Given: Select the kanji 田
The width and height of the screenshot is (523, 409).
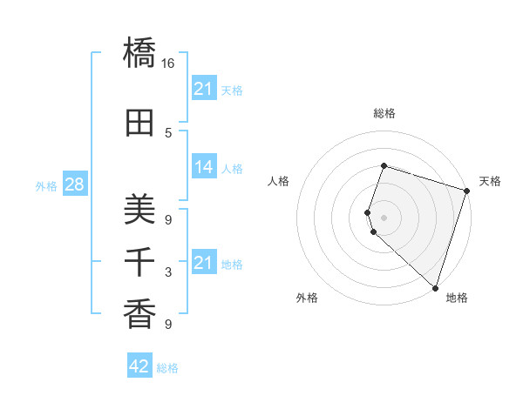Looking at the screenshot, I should point(139,124).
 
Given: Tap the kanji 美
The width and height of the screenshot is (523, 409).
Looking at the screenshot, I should point(139,210).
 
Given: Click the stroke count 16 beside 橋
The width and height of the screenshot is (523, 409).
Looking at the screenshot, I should point(168,64).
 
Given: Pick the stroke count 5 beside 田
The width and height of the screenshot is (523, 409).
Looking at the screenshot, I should point(168,133).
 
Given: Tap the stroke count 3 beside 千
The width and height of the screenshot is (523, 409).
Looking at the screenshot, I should point(168,272).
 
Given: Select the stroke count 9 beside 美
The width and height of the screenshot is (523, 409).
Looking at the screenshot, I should point(168,219).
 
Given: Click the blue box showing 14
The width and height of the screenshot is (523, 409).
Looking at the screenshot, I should point(204,168).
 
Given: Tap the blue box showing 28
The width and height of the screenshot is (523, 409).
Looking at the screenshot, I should point(74,185).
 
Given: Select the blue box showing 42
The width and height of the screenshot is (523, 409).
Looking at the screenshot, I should point(139,366).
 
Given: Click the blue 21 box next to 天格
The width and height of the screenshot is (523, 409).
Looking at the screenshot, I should point(204,89).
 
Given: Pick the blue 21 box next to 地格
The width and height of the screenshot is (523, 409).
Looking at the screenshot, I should point(204,263).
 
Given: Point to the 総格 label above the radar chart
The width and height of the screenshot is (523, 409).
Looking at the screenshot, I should point(384,113).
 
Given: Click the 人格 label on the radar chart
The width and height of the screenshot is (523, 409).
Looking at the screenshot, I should point(279,181).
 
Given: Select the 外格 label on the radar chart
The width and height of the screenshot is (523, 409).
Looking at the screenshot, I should point(307,298).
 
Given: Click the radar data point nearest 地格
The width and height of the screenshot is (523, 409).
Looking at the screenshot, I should point(435,288).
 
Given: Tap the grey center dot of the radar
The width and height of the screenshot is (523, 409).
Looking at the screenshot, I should point(384,218).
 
